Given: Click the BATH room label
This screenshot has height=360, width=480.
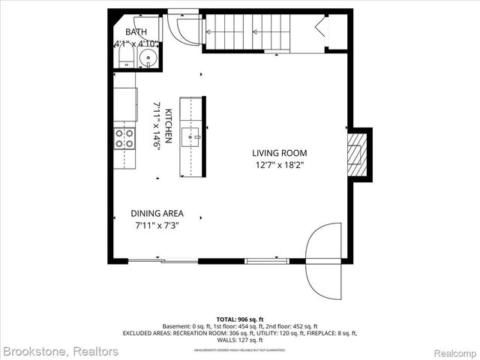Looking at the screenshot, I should point(136,31).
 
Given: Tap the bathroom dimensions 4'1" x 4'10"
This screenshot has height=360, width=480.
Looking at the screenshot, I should point(136,45).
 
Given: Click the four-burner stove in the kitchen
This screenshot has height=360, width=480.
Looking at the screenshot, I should point(124,138).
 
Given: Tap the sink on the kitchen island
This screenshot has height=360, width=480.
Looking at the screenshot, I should point(193,136).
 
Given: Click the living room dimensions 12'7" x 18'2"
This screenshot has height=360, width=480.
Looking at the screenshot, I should point(280,165).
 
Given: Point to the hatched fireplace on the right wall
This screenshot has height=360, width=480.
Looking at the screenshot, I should point(358,154).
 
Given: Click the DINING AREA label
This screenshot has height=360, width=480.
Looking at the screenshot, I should point(157,213).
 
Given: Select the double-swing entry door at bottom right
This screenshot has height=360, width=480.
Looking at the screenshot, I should point(323,259).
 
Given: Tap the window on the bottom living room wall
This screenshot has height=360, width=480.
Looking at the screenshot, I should point(267,261).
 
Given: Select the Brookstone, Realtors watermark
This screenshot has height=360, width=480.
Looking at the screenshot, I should point(61,351).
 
